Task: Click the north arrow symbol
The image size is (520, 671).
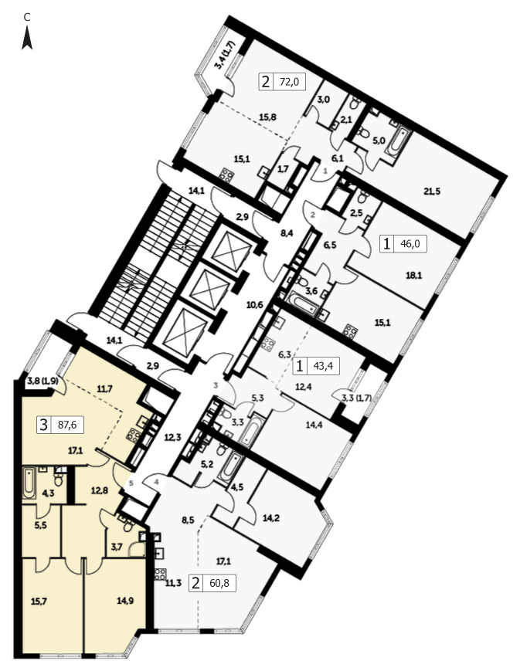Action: click(27, 38)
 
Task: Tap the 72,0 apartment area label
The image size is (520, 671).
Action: click(289, 81)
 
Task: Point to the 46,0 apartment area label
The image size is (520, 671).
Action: click(410, 244)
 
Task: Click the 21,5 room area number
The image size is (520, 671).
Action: click(432, 191)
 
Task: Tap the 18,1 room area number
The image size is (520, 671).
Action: click(414, 276)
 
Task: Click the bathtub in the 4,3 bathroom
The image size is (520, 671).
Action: click(29, 483)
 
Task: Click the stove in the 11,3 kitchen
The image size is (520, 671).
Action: click(160, 574)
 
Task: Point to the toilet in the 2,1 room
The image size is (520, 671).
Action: click(355, 103)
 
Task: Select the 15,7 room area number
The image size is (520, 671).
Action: click(39, 601)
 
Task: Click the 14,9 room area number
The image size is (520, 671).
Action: click(125, 601)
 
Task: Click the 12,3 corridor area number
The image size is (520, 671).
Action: click(173, 438)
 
